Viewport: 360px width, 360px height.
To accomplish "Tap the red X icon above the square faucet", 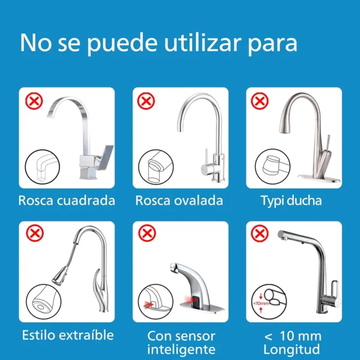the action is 34,101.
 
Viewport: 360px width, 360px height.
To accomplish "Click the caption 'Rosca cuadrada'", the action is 67,200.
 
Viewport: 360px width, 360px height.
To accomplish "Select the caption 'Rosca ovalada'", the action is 179,200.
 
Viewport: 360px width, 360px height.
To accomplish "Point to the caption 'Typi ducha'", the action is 291,201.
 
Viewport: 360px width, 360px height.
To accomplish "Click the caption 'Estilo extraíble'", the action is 68,335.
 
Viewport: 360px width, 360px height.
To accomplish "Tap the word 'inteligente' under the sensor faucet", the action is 181,350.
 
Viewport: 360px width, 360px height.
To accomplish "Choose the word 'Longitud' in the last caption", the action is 292,350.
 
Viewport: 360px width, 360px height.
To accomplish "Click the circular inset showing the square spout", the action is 42,167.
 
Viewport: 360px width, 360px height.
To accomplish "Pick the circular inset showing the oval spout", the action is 156,167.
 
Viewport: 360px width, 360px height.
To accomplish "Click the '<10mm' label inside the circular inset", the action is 261,303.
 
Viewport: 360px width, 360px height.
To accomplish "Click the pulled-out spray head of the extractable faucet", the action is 60,275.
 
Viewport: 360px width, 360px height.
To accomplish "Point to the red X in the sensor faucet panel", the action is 147,233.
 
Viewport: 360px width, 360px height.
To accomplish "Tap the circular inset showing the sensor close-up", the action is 155,302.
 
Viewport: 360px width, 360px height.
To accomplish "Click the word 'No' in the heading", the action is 35,43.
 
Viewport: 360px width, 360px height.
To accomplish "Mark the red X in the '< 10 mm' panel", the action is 259,233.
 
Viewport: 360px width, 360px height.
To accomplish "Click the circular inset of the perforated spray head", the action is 44,302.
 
